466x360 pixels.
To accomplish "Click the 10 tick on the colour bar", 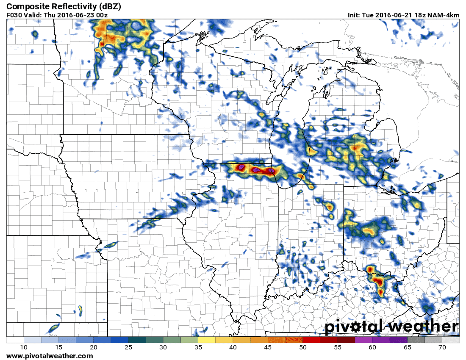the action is pyautogui.click(x=24, y=348).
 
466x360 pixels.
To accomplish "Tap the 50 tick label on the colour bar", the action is pyautogui.click(x=302, y=348).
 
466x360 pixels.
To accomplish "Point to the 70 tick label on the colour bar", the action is pyautogui.click(x=442, y=348).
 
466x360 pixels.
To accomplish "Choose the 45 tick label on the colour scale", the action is pyautogui.click(x=268, y=348).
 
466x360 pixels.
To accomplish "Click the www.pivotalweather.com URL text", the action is pyautogui.click(x=50, y=356).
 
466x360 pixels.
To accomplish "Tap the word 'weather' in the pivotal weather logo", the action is pyautogui.click(x=424, y=327).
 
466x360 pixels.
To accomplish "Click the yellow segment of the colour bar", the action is pyautogui.click(x=206, y=340).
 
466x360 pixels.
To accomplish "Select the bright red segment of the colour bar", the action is pyautogui.click(x=311, y=340).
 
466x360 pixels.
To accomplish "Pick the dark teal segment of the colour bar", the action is pyautogui.click(x=137, y=340).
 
